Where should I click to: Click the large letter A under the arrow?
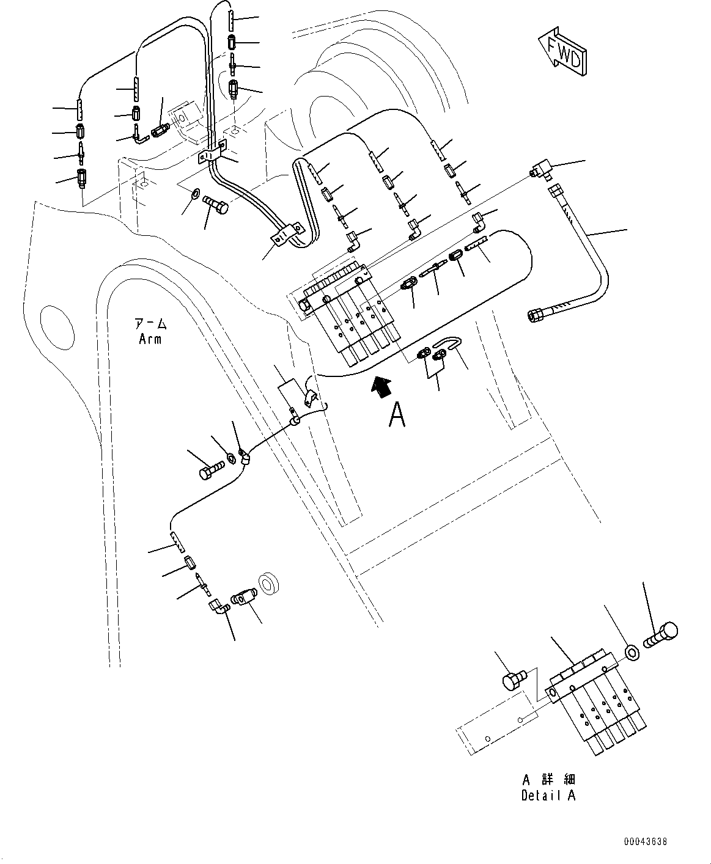tap(397, 415)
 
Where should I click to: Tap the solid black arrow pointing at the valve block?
tap(381, 387)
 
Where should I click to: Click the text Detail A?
tap(548, 795)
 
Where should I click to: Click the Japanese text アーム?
tap(150, 324)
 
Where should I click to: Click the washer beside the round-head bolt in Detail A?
tap(633, 652)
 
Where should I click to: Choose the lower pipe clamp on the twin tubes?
tap(286, 235)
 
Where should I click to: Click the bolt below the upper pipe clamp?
tap(215, 204)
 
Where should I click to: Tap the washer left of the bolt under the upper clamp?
tap(196, 192)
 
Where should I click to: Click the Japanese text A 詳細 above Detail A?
tap(549, 779)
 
